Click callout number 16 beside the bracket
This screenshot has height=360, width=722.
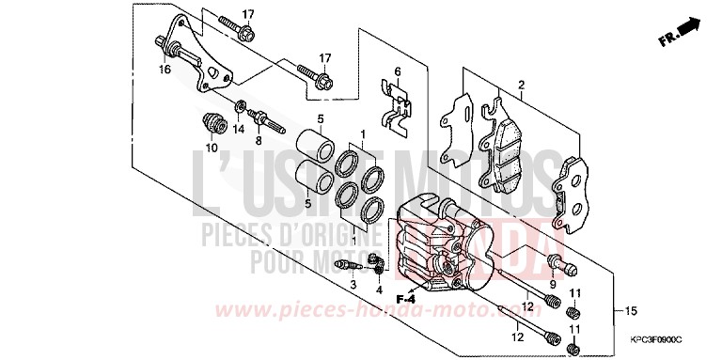165,70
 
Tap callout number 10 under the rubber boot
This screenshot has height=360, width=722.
211,148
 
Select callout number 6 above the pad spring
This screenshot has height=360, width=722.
398,71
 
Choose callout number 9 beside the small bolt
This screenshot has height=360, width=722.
553,285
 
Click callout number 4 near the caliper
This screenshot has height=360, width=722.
380,290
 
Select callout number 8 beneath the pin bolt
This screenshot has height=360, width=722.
260,141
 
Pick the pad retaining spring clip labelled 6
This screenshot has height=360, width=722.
399,104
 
